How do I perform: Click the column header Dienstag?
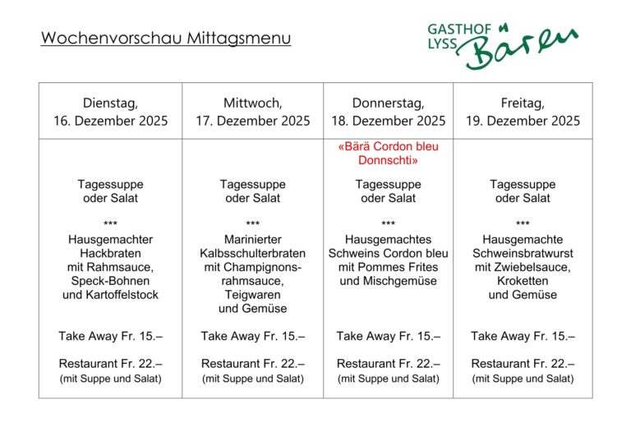click(110, 103)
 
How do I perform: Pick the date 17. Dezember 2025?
click(252, 121)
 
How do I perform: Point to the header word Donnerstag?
click(388, 103)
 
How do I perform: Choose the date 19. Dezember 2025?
click(523, 121)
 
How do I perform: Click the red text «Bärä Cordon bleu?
click(388, 146)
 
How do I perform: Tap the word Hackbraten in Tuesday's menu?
click(110, 253)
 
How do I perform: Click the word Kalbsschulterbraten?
click(252, 253)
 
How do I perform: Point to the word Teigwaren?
click(252, 294)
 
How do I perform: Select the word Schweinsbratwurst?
click(523, 253)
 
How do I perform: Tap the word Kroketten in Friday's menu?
click(523, 280)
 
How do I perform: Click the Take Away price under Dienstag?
click(110, 336)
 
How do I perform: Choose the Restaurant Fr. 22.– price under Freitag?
click(523, 363)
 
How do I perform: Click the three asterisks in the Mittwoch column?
click(252, 223)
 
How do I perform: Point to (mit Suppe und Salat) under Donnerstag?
click(388, 379)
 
